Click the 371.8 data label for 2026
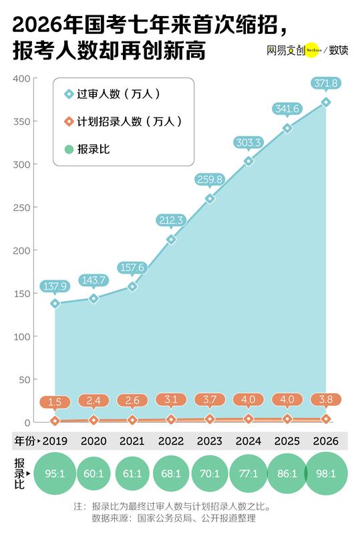[x=325, y=83]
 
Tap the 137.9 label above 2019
[x=55, y=286]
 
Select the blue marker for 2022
[x=171, y=239]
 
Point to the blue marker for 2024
[x=248, y=161]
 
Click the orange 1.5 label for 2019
[x=55, y=402]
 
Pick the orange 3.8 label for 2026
[x=325, y=400]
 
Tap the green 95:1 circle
[x=55, y=474]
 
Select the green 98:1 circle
[x=325, y=474]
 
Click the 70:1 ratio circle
[x=210, y=474]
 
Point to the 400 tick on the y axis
[x=23, y=79]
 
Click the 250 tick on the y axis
[x=23, y=208]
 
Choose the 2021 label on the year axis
[x=132, y=442]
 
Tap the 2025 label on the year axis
[x=287, y=442]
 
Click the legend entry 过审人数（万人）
[x=118, y=94]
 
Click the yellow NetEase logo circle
[x=311, y=50]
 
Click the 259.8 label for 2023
[x=210, y=179]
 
